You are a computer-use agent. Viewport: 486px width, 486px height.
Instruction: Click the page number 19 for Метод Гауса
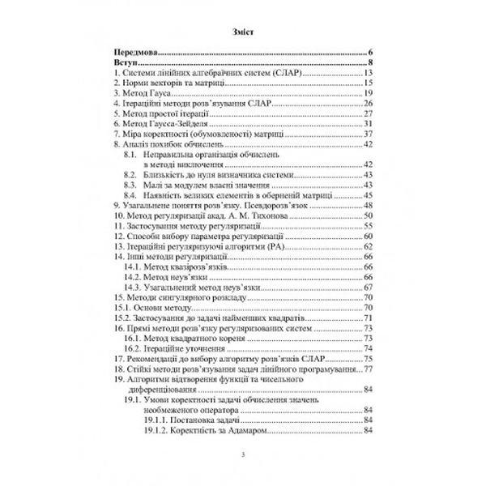[x=366, y=93]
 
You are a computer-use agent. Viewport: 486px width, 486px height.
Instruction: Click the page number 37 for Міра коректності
[x=366, y=134]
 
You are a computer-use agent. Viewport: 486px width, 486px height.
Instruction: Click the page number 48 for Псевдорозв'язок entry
[x=366, y=207]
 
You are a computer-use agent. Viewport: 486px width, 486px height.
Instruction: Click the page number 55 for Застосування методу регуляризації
[x=366, y=227]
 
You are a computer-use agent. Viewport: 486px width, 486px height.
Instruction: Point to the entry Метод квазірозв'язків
[x=191, y=267]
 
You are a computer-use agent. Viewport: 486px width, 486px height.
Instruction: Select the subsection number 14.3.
[x=135, y=288]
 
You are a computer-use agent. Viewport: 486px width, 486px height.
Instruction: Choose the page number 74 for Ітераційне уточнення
[x=366, y=349]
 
